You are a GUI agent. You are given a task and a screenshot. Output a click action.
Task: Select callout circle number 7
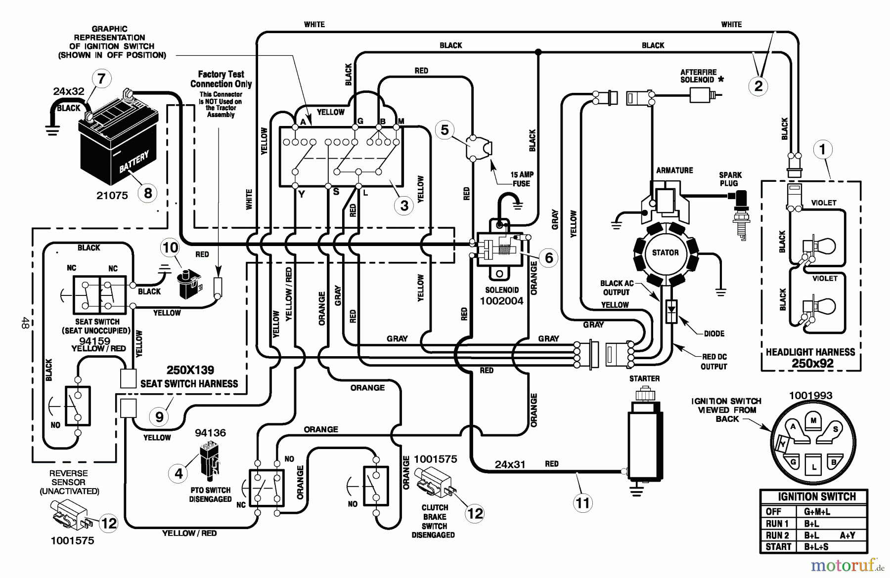coord(102,79)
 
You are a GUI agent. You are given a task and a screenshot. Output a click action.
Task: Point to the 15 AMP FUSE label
coord(521,179)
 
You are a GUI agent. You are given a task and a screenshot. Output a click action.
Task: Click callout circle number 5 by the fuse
coord(445,130)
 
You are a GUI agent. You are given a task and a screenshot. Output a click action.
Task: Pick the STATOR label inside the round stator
coord(665,253)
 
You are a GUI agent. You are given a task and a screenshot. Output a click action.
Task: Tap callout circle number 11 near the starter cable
coord(583,503)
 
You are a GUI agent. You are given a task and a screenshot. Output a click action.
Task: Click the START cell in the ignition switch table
coord(778,547)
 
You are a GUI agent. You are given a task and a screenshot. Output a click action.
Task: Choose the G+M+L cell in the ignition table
coord(817,512)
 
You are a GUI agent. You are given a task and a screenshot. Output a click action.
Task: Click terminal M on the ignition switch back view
coord(813,420)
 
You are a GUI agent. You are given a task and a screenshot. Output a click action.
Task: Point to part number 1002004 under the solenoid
coord(501,301)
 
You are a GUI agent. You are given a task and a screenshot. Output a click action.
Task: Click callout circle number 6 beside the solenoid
coord(548,257)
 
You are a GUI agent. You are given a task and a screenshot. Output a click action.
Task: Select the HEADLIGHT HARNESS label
coord(810,352)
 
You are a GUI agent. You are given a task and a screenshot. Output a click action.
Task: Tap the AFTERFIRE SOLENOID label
coord(698,76)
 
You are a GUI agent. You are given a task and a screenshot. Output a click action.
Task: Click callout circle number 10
coord(170,247)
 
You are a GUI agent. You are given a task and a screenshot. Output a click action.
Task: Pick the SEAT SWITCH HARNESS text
coord(189,384)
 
